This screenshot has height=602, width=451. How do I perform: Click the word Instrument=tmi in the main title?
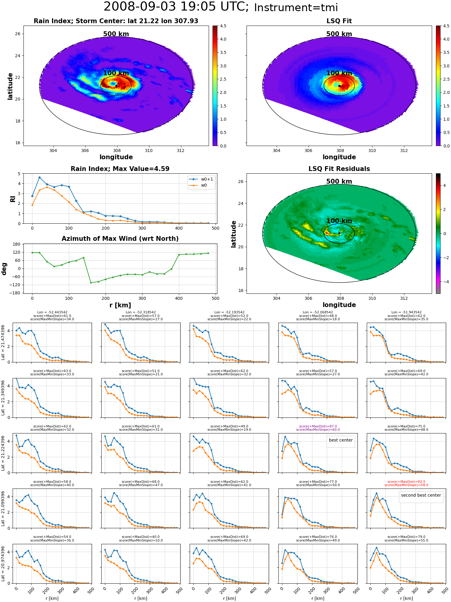click(296, 8)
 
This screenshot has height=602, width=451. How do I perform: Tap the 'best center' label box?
click(341, 440)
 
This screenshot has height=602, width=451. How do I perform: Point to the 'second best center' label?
click(421, 495)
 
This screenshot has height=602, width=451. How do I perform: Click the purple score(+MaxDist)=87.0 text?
click(318, 426)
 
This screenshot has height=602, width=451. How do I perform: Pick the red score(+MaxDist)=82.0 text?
click(407, 482)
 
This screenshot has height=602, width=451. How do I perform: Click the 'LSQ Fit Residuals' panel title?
click(339, 169)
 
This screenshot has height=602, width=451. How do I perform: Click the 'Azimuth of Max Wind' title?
click(120, 238)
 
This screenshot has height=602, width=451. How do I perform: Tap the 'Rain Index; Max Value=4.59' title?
click(120, 169)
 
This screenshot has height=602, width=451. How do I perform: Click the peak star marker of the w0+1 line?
click(39, 178)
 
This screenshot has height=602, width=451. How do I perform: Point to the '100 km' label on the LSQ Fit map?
click(339, 73)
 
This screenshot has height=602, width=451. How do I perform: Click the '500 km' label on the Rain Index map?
click(116, 34)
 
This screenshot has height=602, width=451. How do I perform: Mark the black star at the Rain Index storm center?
click(116, 86)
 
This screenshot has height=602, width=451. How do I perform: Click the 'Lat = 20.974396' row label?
click(3, 564)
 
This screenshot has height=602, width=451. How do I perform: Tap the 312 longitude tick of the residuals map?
click(404, 298)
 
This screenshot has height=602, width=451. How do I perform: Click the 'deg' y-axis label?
click(4, 269)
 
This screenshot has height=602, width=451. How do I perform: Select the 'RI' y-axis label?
click(13, 199)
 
